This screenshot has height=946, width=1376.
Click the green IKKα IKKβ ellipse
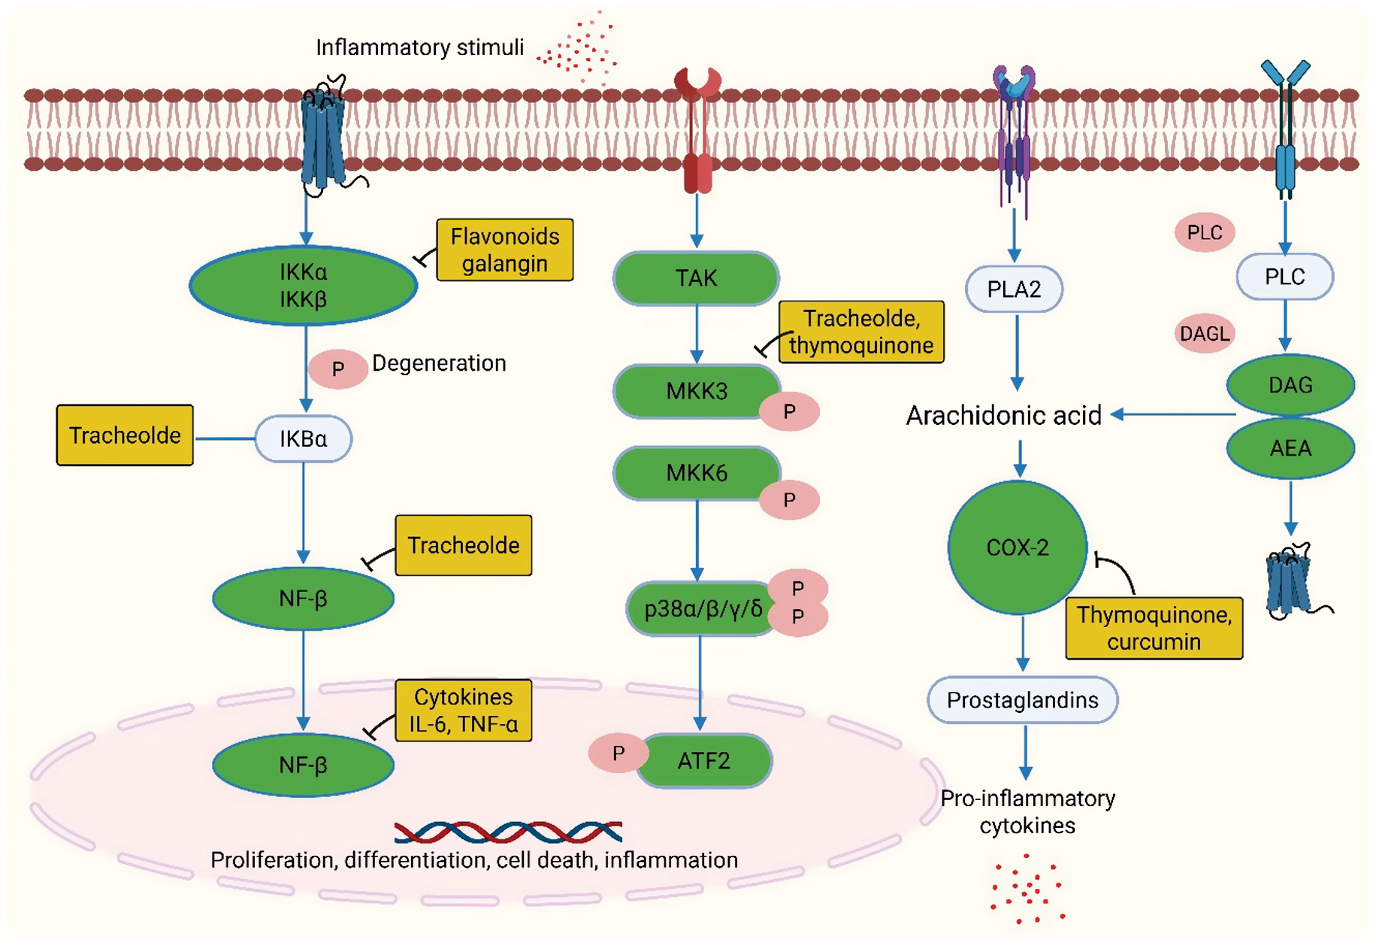click(x=303, y=285)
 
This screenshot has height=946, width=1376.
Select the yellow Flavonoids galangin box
click(x=504, y=250)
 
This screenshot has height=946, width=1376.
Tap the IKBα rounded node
click(x=303, y=438)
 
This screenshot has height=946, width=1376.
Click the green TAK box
click(x=696, y=278)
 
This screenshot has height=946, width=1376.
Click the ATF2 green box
click(x=703, y=761)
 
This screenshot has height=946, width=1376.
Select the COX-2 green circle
click(x=1017, y=547)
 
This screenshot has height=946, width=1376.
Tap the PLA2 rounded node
click(x=1014, y=289)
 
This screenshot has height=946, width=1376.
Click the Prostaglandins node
click(x=1022, y=700)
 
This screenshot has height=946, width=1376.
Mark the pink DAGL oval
click(x=1204, y=333)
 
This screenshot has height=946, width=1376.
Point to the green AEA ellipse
click(x=1290, y=448)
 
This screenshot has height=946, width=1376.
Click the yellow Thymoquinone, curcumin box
click(x=1154, y=628)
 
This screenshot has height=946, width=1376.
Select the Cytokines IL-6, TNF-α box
click(x=463, y=710)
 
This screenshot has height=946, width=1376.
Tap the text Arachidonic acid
click(x=1003, y=415)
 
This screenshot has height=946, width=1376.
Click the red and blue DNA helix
click(x=508, y=832)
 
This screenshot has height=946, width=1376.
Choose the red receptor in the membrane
click(x=697, y=132)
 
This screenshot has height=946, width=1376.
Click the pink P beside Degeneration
click(x=337, y=369)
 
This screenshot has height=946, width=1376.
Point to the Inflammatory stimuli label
click(x=419, y=47)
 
